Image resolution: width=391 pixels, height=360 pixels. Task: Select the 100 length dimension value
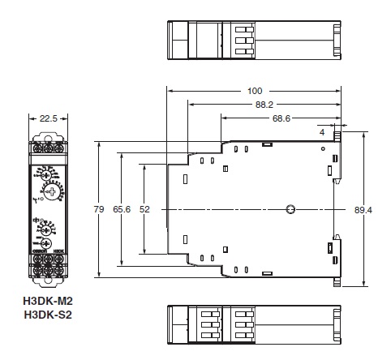pos(254,91)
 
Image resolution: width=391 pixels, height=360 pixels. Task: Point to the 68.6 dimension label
pos(281,118)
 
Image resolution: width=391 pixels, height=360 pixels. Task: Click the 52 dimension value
pos(144,208)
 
